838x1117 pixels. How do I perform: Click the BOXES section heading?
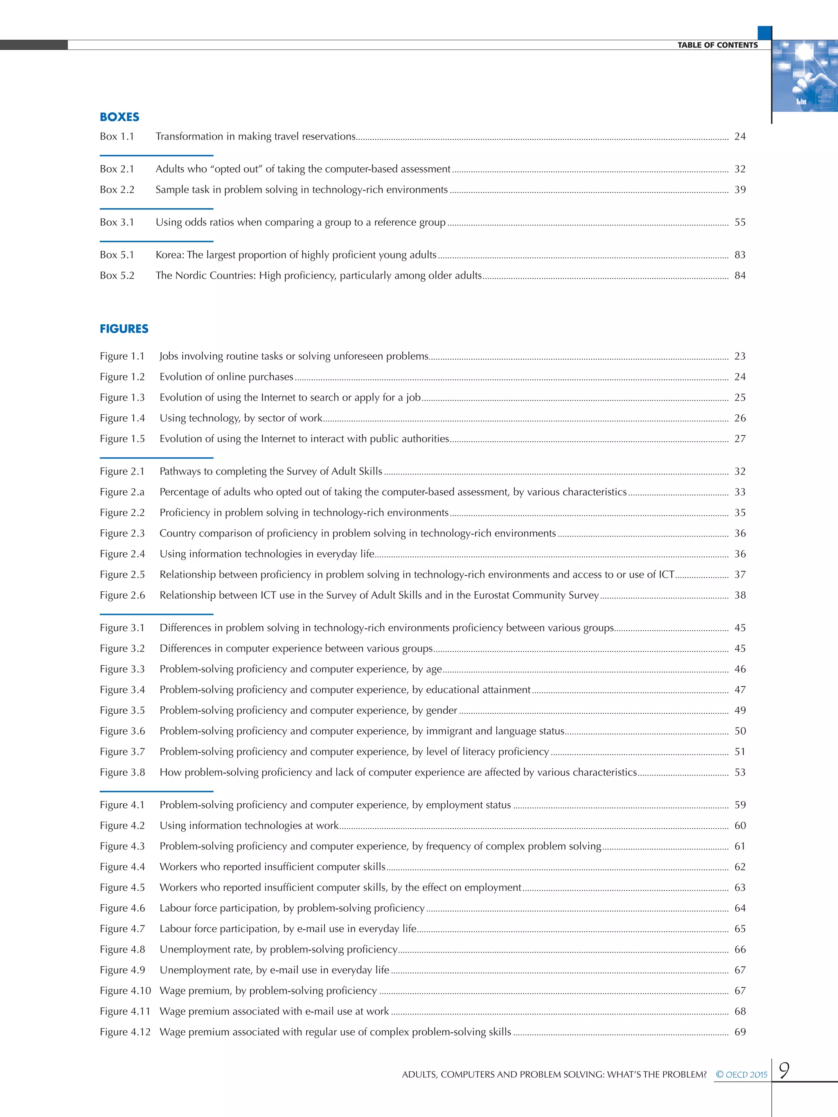(x=119, y=117)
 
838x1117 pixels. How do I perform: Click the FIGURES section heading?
(x=124, y=329)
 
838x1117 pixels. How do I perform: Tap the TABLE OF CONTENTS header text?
(x=717, y=45)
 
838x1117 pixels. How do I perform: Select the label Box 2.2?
(x=117, y=189)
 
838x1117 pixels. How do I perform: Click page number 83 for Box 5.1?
(x=739, y=254)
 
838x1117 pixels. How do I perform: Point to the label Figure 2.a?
(x=122, y=492)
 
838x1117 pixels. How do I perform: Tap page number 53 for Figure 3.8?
(x=739, y=772)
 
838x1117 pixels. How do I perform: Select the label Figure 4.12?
(x=125, y=1032)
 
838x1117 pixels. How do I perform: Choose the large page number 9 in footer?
(x=784, y=1070)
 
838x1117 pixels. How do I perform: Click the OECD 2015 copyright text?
(x=741, y=1074)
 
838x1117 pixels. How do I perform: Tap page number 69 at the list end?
(x=739, y=1032)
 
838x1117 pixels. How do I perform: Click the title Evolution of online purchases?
(x=226, y=377)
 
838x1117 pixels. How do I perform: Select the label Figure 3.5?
(x=122, y=710)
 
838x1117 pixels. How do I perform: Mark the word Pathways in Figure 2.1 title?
(x=180, y=471)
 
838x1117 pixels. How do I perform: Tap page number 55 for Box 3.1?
(x=739, y=222)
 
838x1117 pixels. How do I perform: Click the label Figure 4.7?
(x=122, y=928)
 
